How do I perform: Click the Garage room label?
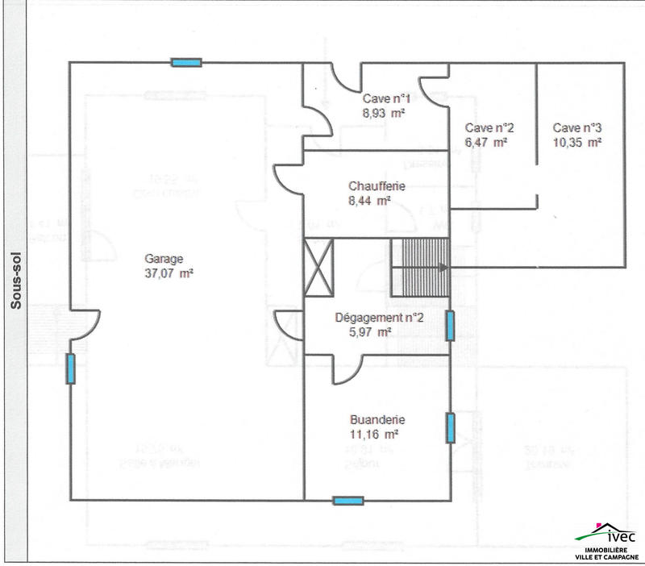(164, 259)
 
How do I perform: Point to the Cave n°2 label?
(489, 127)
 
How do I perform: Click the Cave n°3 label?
(577, 127)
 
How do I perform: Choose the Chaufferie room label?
(377, 186)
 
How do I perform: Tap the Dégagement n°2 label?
(379, 317)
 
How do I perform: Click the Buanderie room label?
(377, 419)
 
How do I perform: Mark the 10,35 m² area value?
(577, 142)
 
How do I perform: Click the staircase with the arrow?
(419, 267)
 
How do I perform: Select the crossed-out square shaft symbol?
(318, 267)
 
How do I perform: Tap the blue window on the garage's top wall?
(186, 62)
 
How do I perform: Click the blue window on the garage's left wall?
(70, 368)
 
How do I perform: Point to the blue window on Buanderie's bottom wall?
(348, 501)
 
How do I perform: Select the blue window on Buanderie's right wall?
(450, 427)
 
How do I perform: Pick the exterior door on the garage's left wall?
(84, 327)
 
